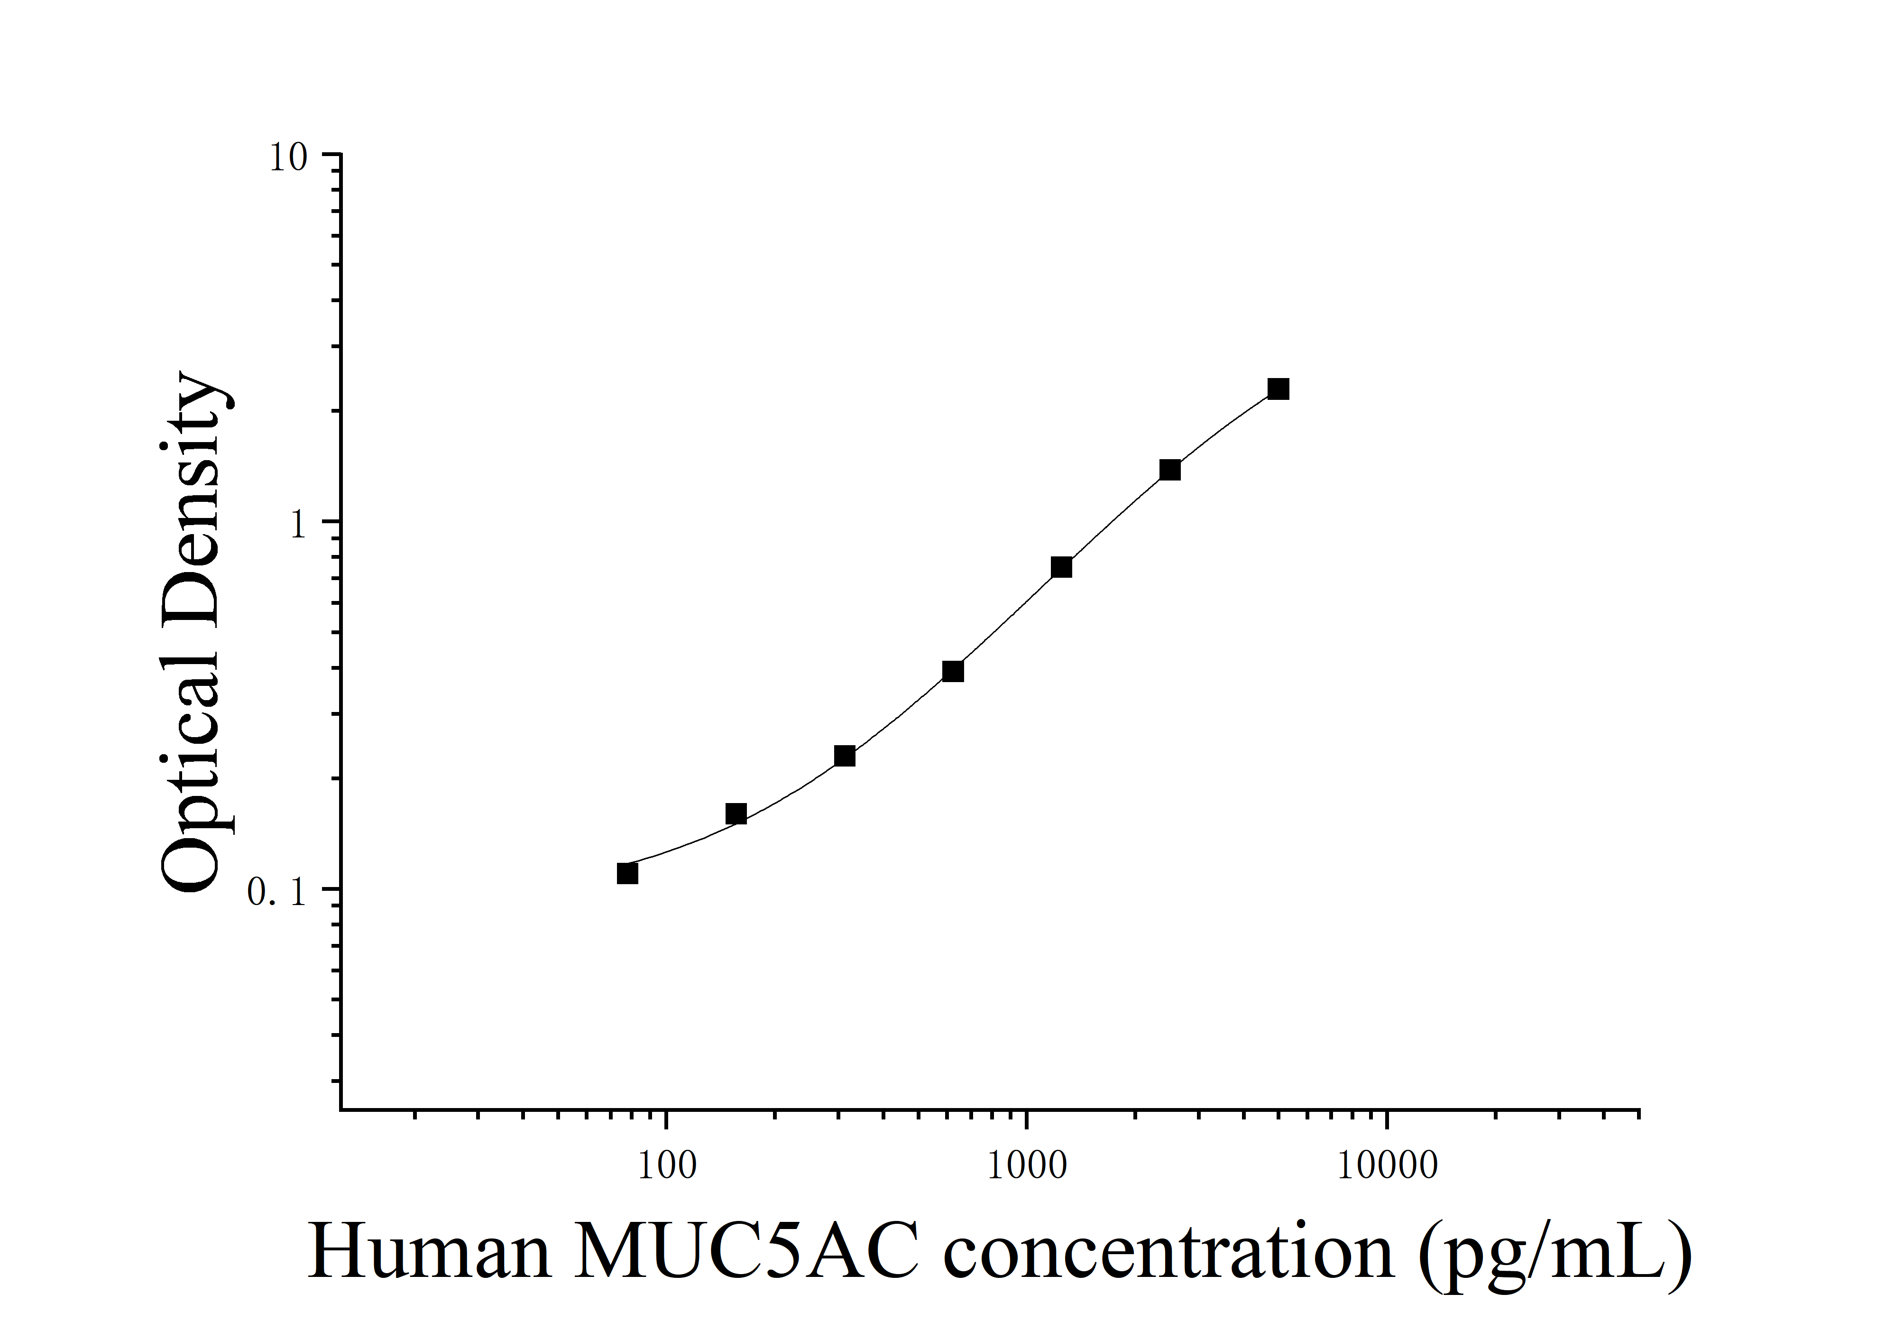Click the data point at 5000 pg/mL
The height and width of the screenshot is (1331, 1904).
coord(1279,389)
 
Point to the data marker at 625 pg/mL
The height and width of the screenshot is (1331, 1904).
coord(953,671)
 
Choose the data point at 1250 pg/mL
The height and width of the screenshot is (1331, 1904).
coord(1061,567)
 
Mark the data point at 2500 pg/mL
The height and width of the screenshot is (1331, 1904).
coord(1170,470)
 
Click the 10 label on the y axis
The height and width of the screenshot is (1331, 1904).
coord(288,157)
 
